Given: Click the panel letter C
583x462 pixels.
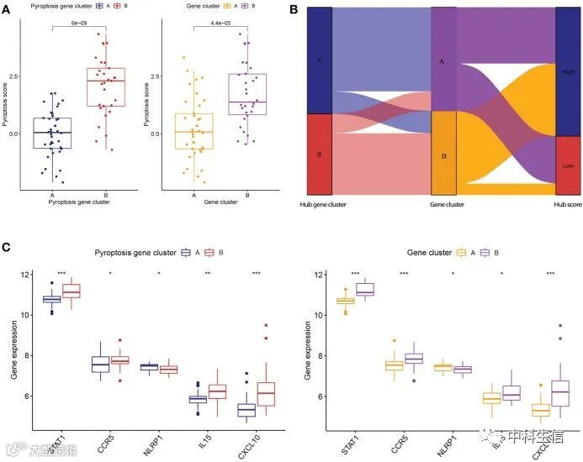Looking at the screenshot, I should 7,248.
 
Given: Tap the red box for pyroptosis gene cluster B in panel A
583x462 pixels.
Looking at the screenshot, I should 106,87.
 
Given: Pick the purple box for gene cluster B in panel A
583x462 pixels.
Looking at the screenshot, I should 247,94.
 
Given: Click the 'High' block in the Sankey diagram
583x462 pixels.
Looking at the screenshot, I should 568,71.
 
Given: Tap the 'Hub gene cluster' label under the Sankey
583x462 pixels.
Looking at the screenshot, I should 322,204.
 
